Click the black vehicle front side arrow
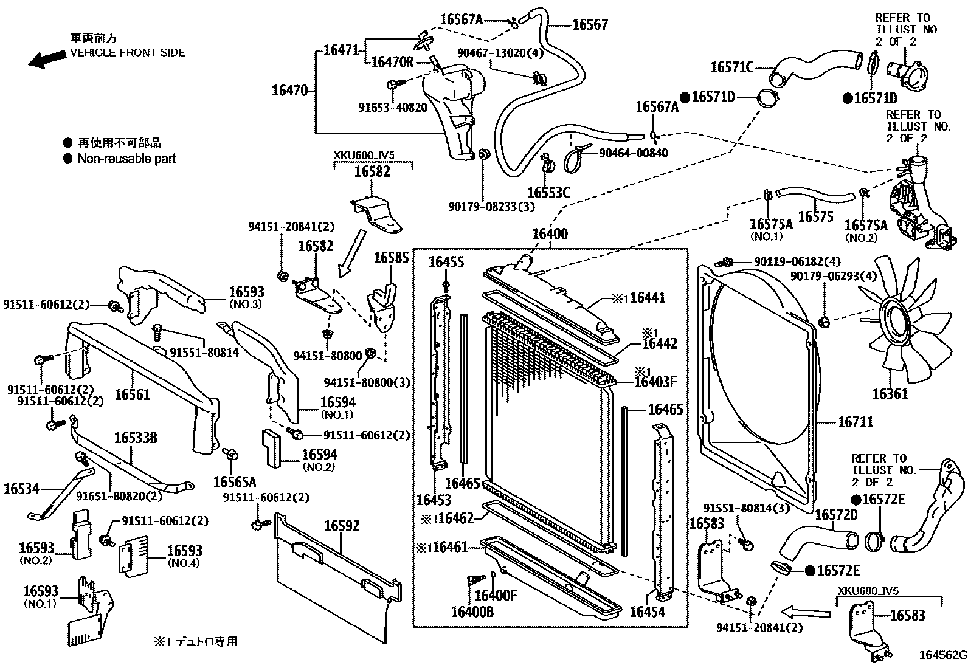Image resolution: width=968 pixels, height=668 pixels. pyautogui.click(x=47, y=59)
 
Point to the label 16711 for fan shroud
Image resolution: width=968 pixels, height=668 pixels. pyautogui.click(x=856, y=422)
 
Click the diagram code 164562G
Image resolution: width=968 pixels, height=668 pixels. pyautogui.click(x=942, y=655)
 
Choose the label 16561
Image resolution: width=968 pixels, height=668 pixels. pyautogui.click(x=132, y=395)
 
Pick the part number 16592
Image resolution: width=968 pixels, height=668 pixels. pyautogui.click(x=341, y=526)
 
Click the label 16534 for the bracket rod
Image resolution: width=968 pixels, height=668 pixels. pyautogui.click(x=21, y=489)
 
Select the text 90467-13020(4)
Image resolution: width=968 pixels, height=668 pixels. pyautogui.click(x=500, y=53)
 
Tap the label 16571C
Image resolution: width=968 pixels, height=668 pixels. pyautogui.click(x=731, y=67)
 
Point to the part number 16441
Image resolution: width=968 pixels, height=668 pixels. pyautogui.click(x=647, y=298)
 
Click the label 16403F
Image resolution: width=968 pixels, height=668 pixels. pyautogui.click(x=655, y=382)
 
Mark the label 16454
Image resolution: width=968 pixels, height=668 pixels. pyautogui.click(x=647, y=611)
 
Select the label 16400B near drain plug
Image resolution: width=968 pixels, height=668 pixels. pyautogui.click(x=472, y=611)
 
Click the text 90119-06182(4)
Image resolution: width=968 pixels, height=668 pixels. pyautogui.click(x=797, y=261)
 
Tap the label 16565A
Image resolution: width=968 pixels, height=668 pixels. pyautogui.click(x=235, y=483)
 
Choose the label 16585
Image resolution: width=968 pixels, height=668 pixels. pyautogui.click(x=391, y=258)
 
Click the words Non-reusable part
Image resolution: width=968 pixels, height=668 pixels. pyautogui.click(x=126, y=159)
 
